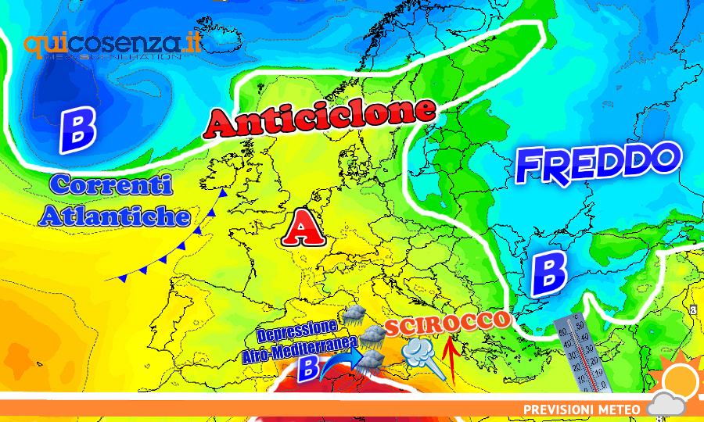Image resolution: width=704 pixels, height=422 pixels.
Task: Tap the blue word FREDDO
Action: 597,163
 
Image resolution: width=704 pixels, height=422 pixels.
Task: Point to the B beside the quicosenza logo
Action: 77,130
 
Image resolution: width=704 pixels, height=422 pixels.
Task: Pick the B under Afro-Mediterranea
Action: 310,367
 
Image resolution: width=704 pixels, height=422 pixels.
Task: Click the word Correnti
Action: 110,186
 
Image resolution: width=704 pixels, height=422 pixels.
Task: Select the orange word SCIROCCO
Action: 448,323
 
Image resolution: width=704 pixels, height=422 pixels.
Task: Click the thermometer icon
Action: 582,352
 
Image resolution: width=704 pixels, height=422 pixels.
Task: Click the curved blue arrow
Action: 342,365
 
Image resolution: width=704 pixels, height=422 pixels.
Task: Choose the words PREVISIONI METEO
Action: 582,409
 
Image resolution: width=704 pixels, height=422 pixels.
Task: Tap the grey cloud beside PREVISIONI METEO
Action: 666,406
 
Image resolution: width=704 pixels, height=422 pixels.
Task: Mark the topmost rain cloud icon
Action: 354,316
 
